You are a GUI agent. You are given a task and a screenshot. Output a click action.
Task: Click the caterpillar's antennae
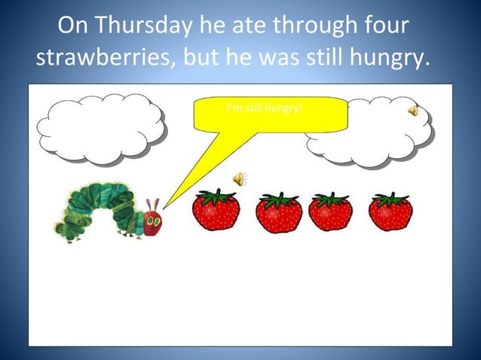click(153, 204)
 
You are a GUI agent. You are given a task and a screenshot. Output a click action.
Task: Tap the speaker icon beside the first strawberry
click(239, 178)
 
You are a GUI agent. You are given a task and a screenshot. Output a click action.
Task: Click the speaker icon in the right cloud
click(413, 111)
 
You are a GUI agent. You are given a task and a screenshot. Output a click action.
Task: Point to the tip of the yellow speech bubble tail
click(164, 209)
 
